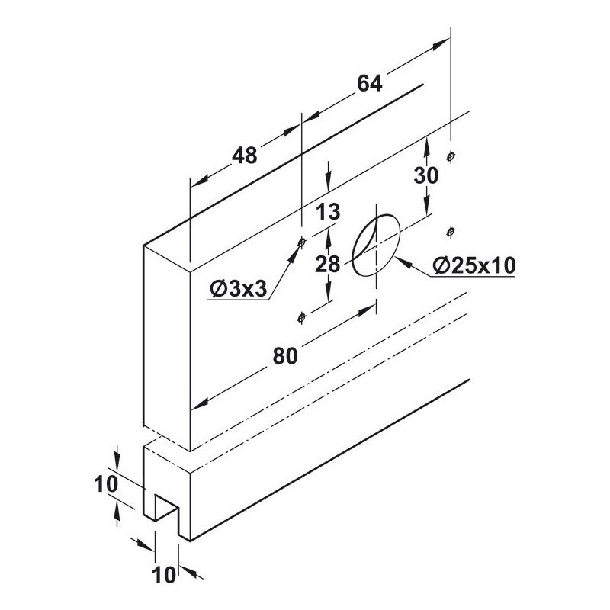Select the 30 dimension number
pyautogui.click(x=426, y=175)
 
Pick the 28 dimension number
pyautogui.click(x=327, y=264)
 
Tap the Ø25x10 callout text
pyautogui.click(x=474, y=265)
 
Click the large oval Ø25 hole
pyautogui.click(x=376, y=244)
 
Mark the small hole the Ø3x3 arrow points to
pyautogui.click(x=302, y=243)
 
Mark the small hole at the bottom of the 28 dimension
pyautogui.click(x=303, y=316)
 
